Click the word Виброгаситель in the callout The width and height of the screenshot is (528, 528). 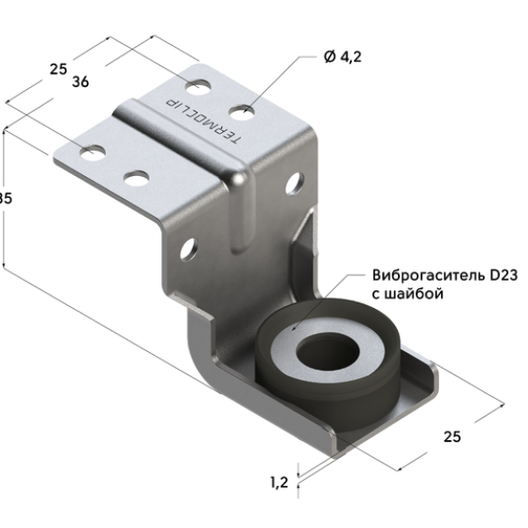click(428, 276)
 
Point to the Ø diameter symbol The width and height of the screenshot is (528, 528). click(330, 56)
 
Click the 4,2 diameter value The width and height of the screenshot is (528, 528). click(351, 57)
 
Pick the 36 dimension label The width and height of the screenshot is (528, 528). click(81, 81)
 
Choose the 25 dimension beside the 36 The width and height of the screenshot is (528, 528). click(58, 69)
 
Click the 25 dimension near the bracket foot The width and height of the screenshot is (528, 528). click(452, 437)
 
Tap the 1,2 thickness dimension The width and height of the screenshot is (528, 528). click(280, 482)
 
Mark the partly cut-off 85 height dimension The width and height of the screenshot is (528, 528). click(5, 198)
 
